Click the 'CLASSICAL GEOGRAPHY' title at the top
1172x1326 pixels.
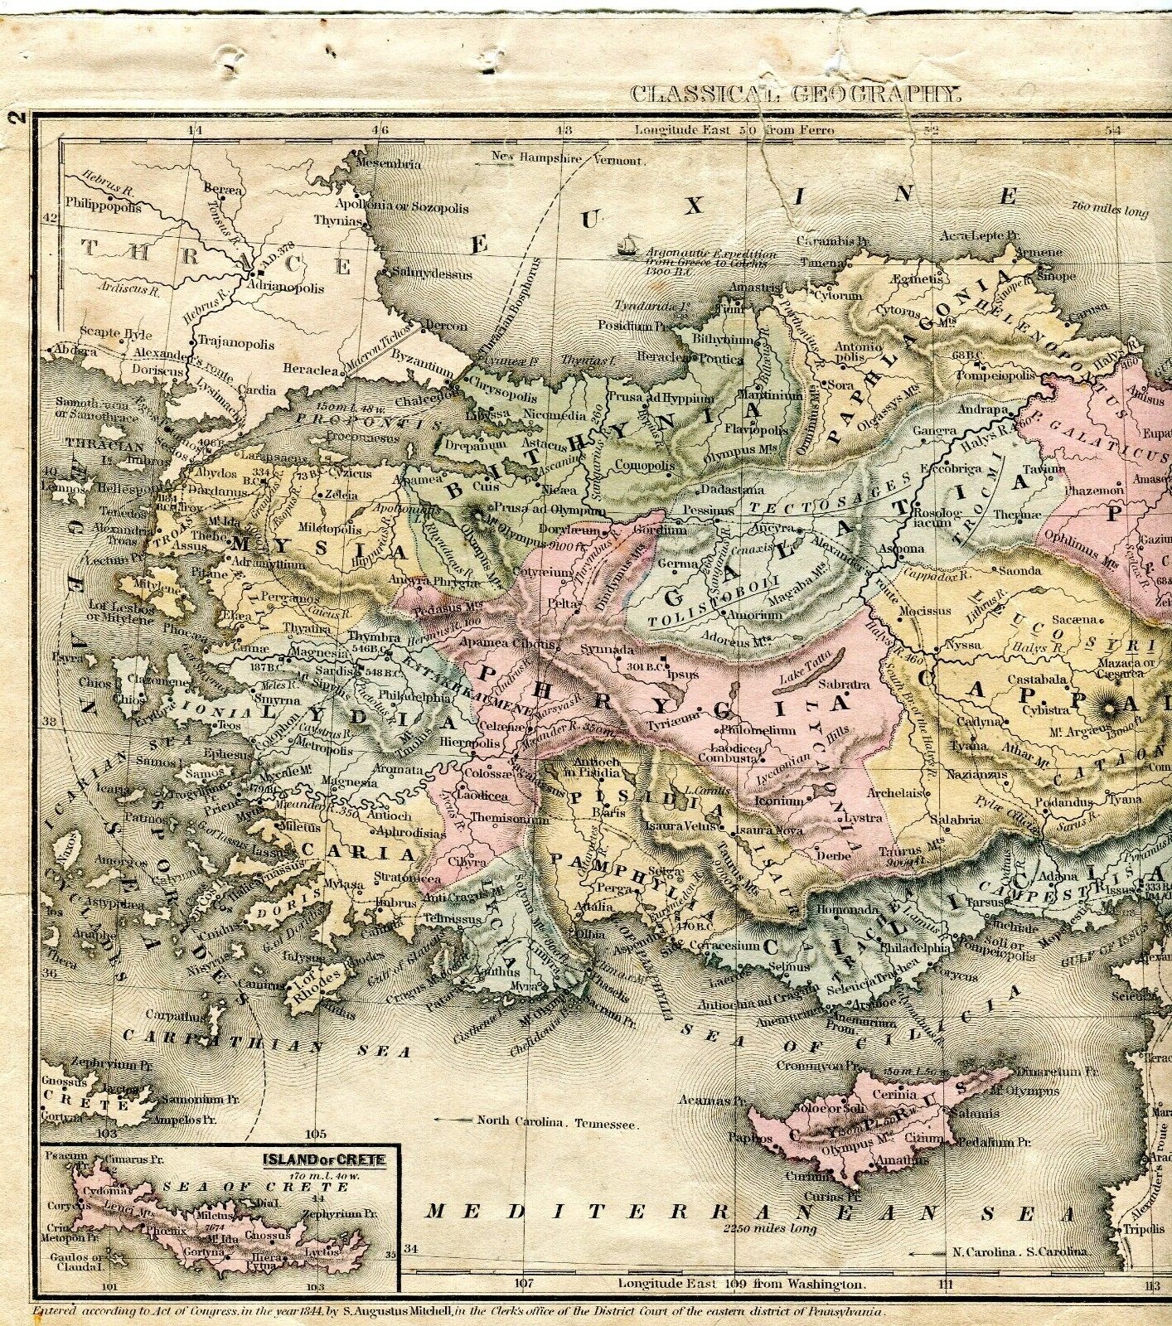(796, 93)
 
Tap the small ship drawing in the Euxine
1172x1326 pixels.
(626, 244)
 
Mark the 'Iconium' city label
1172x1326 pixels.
(779, 801)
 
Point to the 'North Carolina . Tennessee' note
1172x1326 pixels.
(556, 1123)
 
